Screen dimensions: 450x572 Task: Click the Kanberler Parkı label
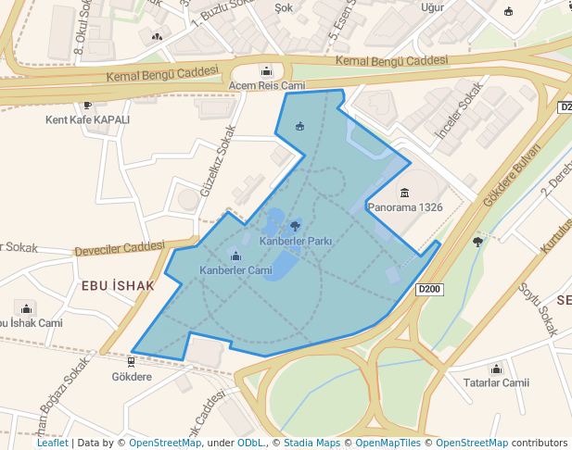tap(296, 241)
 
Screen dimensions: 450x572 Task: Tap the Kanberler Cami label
tap(235, 270)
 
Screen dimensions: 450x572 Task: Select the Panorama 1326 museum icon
tap(404, 193)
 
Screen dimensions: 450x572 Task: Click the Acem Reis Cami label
tap(267, 86)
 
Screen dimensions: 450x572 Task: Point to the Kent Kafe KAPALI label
tap(88, 120)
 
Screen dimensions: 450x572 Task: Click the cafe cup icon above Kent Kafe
tap(87, 106)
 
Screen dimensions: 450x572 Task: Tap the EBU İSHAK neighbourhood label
tap(118, 285)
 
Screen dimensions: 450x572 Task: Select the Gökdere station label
tap(132, 377)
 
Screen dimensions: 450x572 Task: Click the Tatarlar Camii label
tap(495, 382)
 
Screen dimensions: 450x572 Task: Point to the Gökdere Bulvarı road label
tap(511, 177)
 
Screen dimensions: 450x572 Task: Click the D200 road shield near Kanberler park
tap(429, 290)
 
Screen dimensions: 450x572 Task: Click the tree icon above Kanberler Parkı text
tap(295, 225)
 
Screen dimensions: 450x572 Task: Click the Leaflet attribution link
tap(52, 444)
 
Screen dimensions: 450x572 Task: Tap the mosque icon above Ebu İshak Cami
tap(26, 308)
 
